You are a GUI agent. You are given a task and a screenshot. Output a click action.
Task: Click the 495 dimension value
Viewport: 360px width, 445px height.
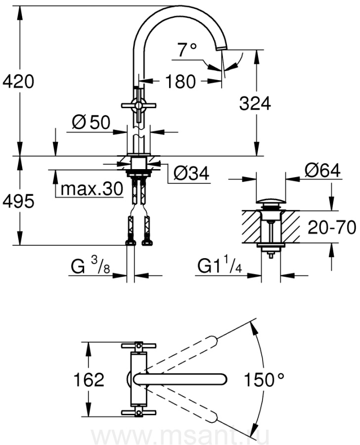(x=18, y=201)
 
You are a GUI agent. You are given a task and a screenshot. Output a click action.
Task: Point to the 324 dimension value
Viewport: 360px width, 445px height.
(x=255, y=104)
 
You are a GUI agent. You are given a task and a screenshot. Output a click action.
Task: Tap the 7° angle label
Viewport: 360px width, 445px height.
(x=187, y=49)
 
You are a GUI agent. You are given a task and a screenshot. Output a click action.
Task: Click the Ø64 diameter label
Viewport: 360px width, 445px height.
(x=322, y=171)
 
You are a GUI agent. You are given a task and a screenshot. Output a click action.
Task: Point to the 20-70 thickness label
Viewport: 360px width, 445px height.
(x=331, y=227)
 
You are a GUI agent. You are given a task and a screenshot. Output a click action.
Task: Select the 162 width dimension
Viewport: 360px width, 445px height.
(x=91, y=380)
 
